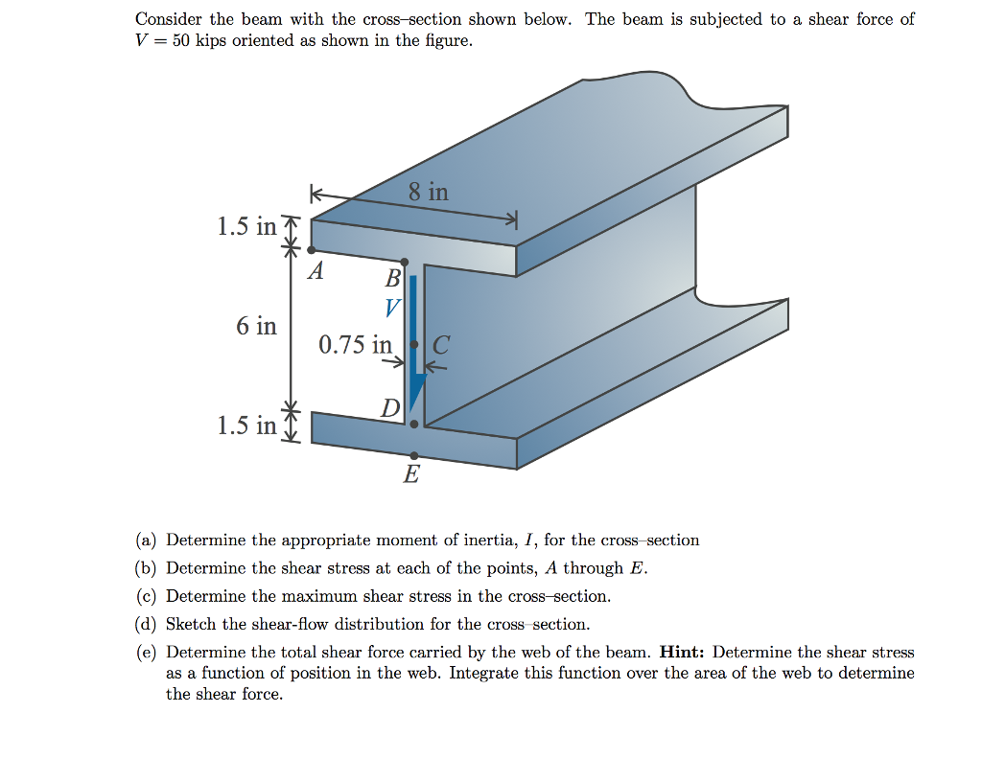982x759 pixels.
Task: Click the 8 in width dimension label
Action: pos(428,192)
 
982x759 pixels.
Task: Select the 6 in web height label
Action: pos(256,326)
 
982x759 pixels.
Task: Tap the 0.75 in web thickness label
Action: pos(355,344)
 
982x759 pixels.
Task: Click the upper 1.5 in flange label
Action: pos(246,227)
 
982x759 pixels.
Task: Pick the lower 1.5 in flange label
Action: pos(246,425)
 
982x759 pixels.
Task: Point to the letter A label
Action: pos(315,272)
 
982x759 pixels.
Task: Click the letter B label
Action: pos(392,280)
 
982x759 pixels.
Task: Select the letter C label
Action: pos(441,345)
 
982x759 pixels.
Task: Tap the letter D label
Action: pos(388,409)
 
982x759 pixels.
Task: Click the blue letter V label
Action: pos(392,309)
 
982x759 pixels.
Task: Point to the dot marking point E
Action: pos(413,455)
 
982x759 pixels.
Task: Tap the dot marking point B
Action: pos(405,262)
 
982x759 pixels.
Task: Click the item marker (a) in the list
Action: pos(146,540)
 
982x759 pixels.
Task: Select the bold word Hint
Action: pos(684,653)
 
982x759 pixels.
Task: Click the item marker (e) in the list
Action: pos(146,653)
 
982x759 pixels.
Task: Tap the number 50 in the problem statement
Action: pos(183,41)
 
